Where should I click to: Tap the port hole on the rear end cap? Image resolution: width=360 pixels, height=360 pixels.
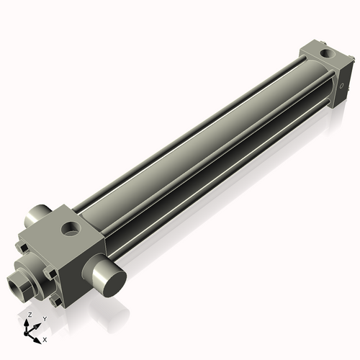(x=329, y=53)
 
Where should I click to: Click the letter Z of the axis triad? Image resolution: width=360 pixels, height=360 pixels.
(x=29, y=315)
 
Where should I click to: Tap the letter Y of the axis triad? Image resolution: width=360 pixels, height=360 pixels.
(x=44, y=319)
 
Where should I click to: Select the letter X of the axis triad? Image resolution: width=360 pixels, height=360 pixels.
(x=45, y=339)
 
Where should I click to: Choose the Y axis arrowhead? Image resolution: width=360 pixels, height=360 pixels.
(x=37, y=325)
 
